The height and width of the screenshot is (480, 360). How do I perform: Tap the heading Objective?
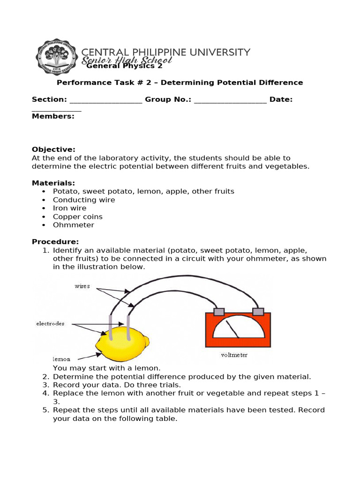(x=53, y=150)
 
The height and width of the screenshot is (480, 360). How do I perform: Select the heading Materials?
(x=53, y=183)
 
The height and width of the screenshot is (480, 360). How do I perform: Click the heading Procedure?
(x=55, y=241)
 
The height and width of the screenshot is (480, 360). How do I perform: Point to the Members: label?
(x=53, y=116)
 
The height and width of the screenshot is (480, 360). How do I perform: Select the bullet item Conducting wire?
(x=84, y=200)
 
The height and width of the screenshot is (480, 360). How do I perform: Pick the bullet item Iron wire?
(x=70, y=208)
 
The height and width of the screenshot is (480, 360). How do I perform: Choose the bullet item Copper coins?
(x=78, y=217)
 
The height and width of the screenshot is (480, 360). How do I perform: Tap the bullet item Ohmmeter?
(x=74, y=225)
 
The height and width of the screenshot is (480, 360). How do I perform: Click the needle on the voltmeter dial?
(x=232, y=329)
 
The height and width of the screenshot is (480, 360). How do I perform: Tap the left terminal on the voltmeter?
(x=219, y=312)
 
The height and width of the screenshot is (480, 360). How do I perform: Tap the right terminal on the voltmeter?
(x=258, y=312)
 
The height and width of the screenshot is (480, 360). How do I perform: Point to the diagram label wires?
(x=82, y=286)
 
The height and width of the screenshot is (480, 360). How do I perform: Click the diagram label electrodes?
(x=50, y=323)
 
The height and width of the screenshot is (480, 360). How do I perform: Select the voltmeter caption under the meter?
(x=234, y=355)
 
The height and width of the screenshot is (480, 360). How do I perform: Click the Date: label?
(x=281, y=99)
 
